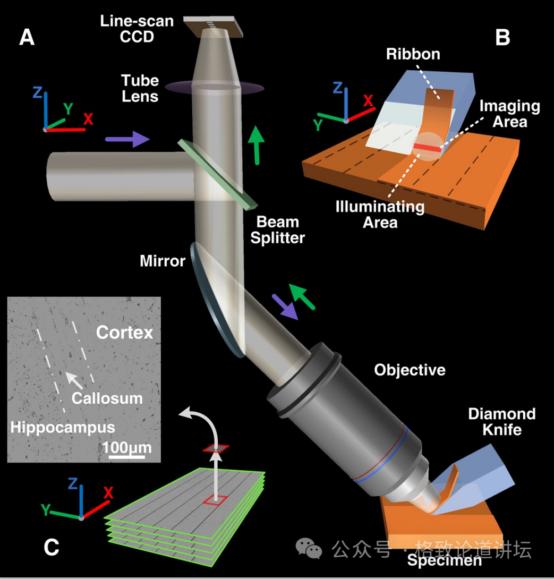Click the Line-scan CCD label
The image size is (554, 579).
click(x=137, y=29)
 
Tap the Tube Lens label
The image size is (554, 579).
click(x=140, y=89)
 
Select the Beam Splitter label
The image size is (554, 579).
click(x=277, y=229)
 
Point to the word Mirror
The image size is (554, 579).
click(x=163, y=261)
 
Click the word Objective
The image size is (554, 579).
click(x=410, y=370)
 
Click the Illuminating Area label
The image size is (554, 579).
click(x=380, y=214)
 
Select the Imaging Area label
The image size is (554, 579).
click(x=509, y=114)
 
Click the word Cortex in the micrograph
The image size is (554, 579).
click(x=124, y=333)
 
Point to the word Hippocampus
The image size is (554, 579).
click(x=63, y=427)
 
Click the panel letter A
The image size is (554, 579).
click(x=27, y=38)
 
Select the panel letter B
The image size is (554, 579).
click(x=502, y=38)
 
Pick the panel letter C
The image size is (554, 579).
click(x=51, y=547)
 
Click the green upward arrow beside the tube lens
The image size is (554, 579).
click(x=257, y=144)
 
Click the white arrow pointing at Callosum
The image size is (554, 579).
click(x=74, y=380)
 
